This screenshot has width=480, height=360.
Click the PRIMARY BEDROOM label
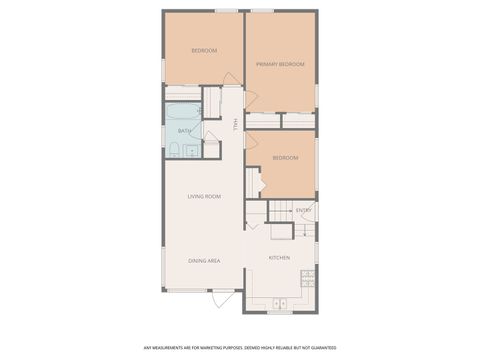click(280, 64)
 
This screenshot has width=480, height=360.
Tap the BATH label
click(184, 131)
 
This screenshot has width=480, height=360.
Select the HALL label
click(235, 124)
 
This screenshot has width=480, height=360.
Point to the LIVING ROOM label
click(204, 196)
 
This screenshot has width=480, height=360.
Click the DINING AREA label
click(204, 261)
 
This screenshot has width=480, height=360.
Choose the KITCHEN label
click(279, 257)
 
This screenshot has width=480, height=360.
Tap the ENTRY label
click(303, 210)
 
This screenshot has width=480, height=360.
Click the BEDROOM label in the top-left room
click(204, 50)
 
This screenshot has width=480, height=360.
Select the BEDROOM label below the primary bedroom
click(286, 157)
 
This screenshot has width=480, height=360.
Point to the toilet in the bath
click(174, 149)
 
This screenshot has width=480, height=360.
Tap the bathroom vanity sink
click(190, 151)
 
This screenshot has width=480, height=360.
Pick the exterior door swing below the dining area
click(225, 298)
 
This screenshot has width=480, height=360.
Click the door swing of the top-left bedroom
click(231, 79)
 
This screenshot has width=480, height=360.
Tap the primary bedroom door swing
click(251, 100)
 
